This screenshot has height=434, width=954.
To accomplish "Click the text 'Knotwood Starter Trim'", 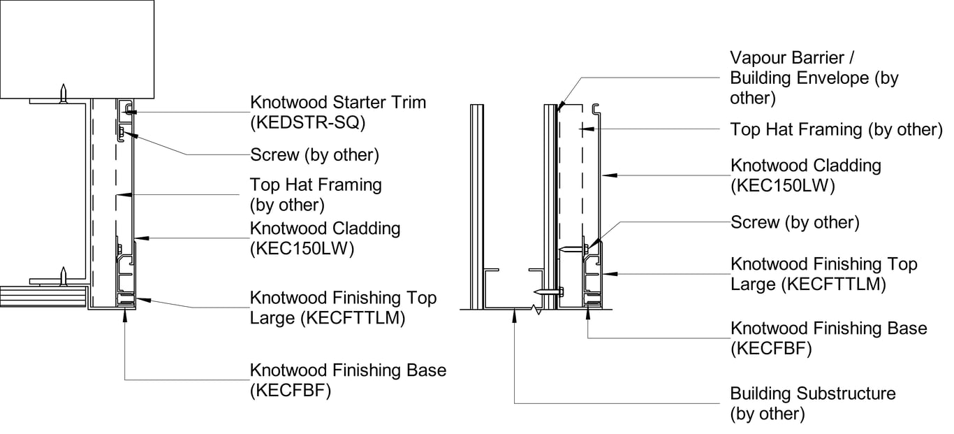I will pyautogui.click(x=338, y=102).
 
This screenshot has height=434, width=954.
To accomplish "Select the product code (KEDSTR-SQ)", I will pyautogui.click(x=308, y=122).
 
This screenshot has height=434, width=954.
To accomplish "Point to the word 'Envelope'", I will pyautogui.click(x=829, y=78).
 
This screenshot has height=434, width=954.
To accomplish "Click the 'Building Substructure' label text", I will pyautogui.click(x=812, y=393).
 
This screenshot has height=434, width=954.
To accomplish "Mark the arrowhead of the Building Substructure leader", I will pyautogui.click(x=515, y=312).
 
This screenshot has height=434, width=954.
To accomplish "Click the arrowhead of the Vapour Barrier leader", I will pyautogui.click(x=559, y=107).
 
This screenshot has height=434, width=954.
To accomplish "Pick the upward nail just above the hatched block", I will pyautogui.click(x=64, y=275).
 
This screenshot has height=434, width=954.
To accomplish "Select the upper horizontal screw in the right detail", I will pyautogui.click(x=573, y=248).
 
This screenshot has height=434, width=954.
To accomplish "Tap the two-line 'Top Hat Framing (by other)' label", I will pyautogui.click(x=316, y=195).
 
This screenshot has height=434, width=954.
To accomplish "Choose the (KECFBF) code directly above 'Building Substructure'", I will pyautogui.click(x=771, y=349).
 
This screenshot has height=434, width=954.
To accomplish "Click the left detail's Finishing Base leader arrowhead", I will pyautogui.click(x=125, y=314).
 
